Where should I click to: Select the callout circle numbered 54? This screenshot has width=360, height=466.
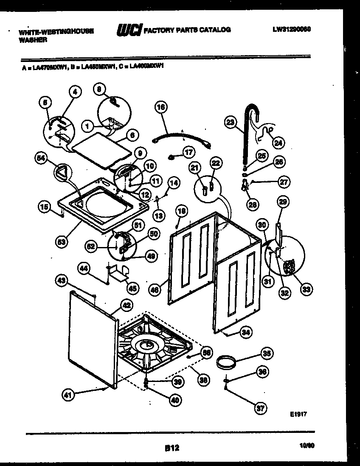point(41,159)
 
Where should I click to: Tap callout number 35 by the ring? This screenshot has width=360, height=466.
point(267,353)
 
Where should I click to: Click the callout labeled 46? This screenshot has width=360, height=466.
point(155,290)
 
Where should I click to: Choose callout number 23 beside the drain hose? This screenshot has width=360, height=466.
point(230,123)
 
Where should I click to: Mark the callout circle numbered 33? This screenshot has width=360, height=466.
point(306,290)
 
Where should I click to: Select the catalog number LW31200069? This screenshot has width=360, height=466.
point(292,30)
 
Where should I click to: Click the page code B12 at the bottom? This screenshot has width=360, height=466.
point(172,447)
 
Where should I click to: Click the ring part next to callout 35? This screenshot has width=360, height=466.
point(227,364)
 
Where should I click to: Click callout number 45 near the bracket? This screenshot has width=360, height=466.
point(132,289)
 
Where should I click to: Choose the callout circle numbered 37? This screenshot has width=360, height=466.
point(260,409)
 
